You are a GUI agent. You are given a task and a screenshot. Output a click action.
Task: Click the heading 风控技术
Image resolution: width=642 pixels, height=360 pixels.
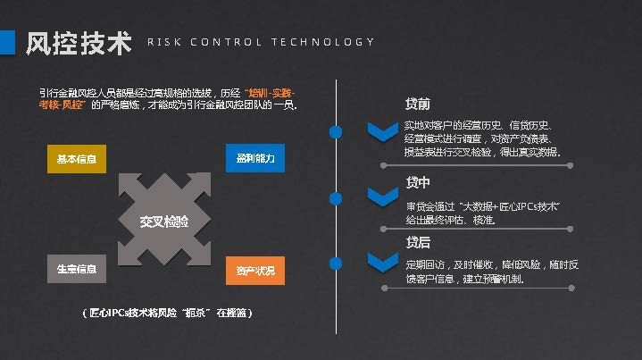[x=79, y=43]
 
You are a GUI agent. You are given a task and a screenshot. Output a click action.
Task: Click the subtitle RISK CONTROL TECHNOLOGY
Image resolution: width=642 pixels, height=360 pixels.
[x=261, y=42]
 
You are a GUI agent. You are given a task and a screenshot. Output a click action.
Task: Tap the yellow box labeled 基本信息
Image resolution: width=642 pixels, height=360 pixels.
[x=77, y=159]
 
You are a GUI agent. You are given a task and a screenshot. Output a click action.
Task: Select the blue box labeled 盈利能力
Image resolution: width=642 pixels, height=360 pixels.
[x=255, y=158]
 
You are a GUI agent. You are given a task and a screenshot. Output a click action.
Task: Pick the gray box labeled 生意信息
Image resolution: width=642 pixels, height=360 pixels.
[x=77, y=269]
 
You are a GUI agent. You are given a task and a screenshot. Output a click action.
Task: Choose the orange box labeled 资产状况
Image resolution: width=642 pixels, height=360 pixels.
[x=255, y=270]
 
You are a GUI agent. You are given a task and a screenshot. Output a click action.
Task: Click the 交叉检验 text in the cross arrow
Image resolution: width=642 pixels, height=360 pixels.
[x=164, y=221]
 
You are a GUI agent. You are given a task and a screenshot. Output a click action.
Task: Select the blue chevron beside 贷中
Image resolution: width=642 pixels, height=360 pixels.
[x=383, y=197]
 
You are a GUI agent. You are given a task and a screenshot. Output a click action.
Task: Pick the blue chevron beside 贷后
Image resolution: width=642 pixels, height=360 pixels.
[x=383, y=262]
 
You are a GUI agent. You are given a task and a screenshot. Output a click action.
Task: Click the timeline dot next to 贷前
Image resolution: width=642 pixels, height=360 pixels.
[x=336, y=132]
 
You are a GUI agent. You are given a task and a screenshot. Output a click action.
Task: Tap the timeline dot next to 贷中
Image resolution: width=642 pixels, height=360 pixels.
[x=336, y=197]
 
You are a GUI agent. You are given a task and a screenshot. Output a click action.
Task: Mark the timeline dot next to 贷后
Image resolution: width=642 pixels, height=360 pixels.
[x=336, y=263]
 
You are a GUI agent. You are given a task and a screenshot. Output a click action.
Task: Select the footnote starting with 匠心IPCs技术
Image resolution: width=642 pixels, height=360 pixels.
[x=166, y=314]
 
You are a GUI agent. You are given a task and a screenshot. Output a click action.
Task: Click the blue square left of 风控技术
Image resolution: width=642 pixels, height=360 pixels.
[x=7, y=43]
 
